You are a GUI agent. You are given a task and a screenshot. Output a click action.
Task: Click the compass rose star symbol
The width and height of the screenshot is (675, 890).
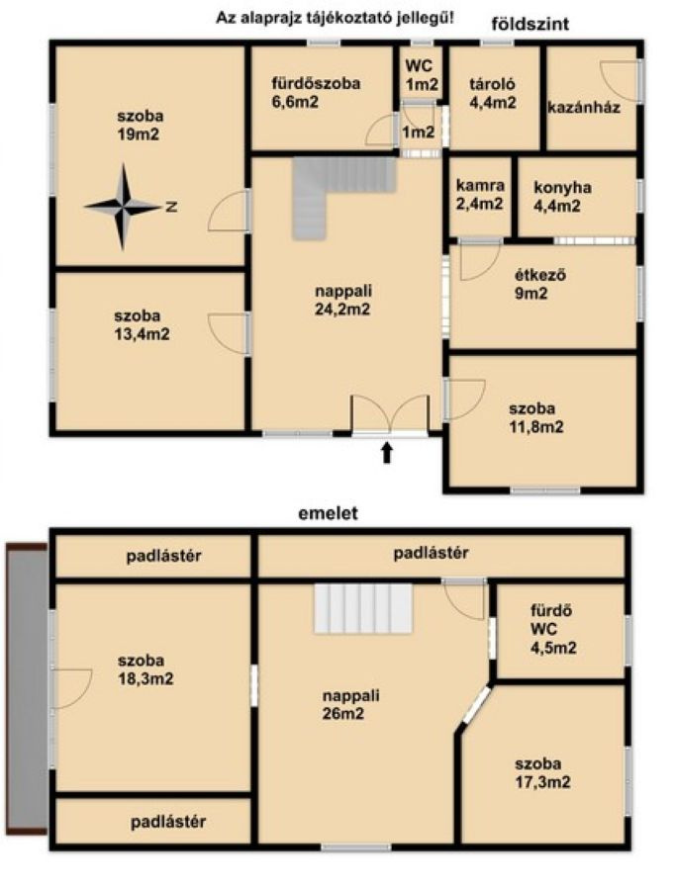click(x=124, y=208)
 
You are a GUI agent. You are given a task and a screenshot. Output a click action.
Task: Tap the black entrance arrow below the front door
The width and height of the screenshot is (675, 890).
click(x=386, y=453)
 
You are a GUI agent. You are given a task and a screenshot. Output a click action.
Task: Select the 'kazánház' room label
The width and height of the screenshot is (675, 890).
click(x=584, y=107)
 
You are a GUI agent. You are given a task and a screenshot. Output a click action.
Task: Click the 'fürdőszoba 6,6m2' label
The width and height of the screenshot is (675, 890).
click(x=316, y=93)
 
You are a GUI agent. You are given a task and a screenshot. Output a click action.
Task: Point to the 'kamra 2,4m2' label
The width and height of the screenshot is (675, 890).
click(x=480, y=195)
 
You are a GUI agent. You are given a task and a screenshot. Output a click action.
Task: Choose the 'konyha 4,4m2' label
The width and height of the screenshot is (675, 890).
click(x=562, y=196)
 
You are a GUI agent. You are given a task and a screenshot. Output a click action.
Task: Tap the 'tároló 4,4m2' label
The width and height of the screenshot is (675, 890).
click(x=493, y=93)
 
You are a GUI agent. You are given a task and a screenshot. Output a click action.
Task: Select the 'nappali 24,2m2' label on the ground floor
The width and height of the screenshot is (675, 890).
click(x=343, y=300)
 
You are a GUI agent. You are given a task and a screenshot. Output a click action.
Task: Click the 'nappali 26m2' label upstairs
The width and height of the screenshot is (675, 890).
click(x=350, y=704)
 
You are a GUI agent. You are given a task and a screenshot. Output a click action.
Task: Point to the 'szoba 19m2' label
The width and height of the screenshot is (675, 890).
click(x=140, y=125)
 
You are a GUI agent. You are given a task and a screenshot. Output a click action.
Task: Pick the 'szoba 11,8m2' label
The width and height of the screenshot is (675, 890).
click(x=535, y=417)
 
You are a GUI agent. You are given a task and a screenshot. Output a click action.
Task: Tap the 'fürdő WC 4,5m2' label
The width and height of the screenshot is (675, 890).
click(x=553, y=629)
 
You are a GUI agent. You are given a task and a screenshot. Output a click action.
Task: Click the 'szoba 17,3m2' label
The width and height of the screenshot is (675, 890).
click(x=542, y=773)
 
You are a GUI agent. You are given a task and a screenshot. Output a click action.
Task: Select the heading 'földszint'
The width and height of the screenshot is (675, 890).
click(x=530, y=24)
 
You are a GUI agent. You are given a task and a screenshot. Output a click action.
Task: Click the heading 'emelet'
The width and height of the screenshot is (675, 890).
click(x=329, y=513)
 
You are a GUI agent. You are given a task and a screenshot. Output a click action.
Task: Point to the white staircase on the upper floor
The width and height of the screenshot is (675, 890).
click(x=363, y=608)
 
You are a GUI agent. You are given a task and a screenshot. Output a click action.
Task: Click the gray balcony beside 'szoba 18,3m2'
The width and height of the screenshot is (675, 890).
click(x=27, y=688)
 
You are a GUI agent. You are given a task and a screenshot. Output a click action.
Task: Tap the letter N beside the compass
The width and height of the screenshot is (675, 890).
click(x=171, y=208)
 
